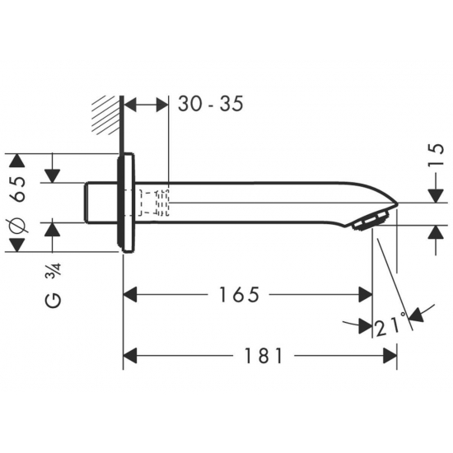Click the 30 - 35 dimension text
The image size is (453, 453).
click(x=211, y=104)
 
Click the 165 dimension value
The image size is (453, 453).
click(x=239, y=295)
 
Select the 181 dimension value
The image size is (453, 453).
click(x=264, y=356)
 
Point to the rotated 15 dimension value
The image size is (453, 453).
click(x=437, y=154)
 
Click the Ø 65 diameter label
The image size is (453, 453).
click(x=18, y=204)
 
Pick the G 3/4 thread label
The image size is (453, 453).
click(x=54, y=285)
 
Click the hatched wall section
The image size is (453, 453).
click(x=105, y=115)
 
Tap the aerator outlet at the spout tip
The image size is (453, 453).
click(x=370, y=220)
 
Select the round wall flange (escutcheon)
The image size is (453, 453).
click(x=126, y=203)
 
